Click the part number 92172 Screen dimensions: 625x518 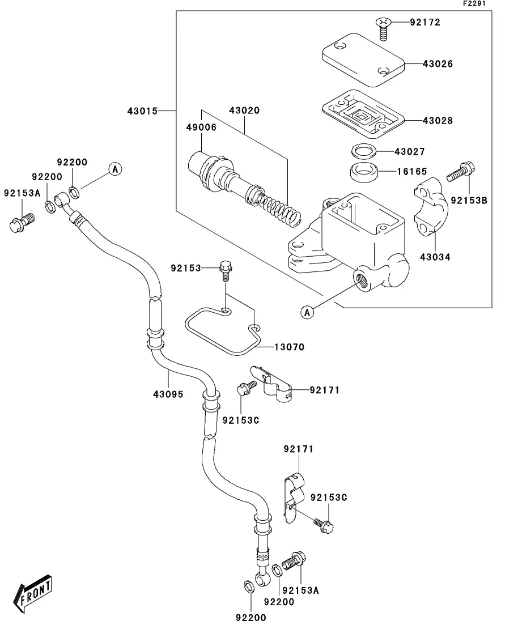425,23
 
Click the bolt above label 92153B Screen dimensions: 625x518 462,172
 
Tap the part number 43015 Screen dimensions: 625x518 142,110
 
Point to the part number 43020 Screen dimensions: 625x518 244,110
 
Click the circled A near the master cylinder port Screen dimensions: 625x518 307,312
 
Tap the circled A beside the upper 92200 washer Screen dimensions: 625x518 115,168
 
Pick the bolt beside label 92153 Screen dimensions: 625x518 225,270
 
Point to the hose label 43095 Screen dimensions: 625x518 168,394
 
